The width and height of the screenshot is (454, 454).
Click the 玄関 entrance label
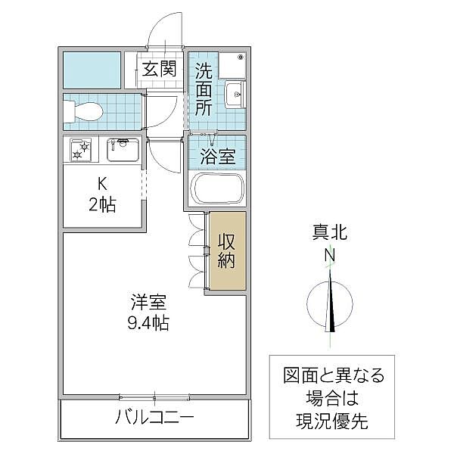(x=160, y=69)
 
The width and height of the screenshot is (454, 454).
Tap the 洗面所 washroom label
(x=204, y=90)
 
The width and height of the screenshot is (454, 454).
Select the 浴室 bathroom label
(x=217, y=157)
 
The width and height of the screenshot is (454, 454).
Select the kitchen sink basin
(x=121, y=149)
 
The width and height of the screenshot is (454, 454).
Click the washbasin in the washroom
(x=234, y=95)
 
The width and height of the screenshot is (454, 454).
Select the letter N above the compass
(x=330, y=256)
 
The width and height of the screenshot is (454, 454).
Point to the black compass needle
(x=331, y=306)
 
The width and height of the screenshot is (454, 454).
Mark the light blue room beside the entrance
(x=91, y=70)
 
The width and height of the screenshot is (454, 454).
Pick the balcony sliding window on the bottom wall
(x=154, y=395)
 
